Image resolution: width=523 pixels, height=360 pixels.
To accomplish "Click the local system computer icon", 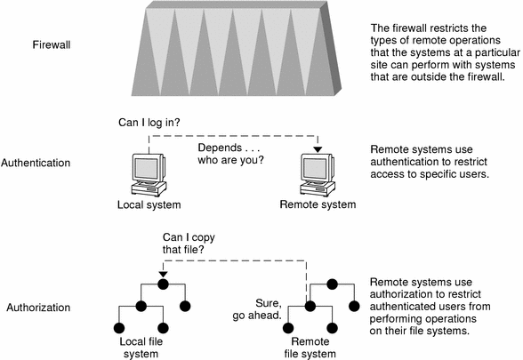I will click(x=148, y=174).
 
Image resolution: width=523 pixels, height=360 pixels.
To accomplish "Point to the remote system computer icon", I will click(x=318, y=174).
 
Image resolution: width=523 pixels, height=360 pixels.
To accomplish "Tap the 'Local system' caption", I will click(x=148, y=205).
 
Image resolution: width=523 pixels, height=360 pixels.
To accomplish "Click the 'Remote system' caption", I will click(x=318, y=205).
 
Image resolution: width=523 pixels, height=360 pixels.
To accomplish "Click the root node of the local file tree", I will click(x=163, y=285).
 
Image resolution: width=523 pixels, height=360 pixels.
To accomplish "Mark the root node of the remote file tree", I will click(x=331, y=285).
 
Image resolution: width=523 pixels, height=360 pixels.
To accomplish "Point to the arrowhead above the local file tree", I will click(x=163, y=274).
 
